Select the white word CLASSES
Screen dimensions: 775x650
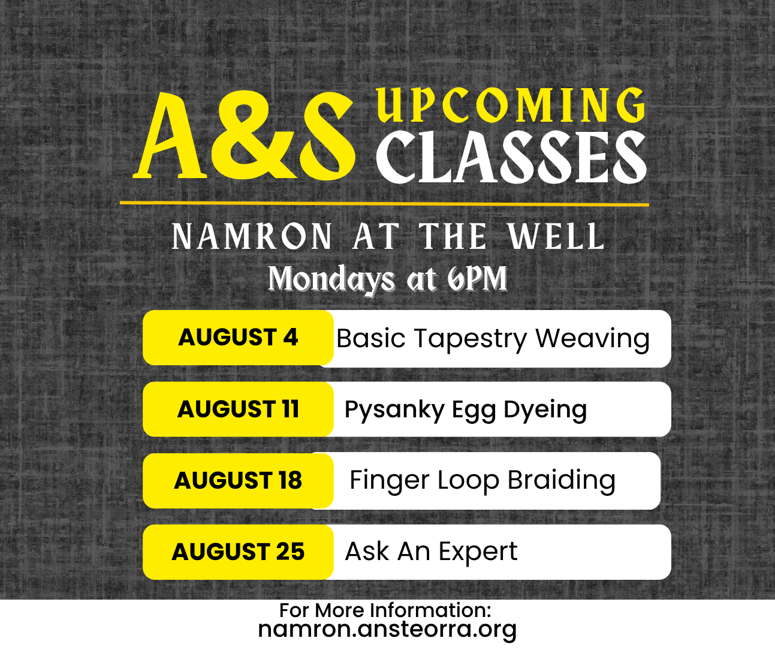tap(511, 158)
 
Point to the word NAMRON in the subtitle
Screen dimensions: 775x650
tap(252, 236)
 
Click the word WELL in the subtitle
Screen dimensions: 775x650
tap(556, 236)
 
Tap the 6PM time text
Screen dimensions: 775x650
tap(477, 279)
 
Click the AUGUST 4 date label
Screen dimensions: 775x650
tap(238, 337)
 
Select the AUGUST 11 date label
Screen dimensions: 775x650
tap(238, 409)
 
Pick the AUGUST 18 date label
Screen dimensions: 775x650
tap(238, 480)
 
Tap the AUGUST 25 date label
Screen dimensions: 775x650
tap(238, 552)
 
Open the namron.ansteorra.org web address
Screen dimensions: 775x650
tap(387, 630)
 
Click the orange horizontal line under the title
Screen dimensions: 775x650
tap(384, 204)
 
